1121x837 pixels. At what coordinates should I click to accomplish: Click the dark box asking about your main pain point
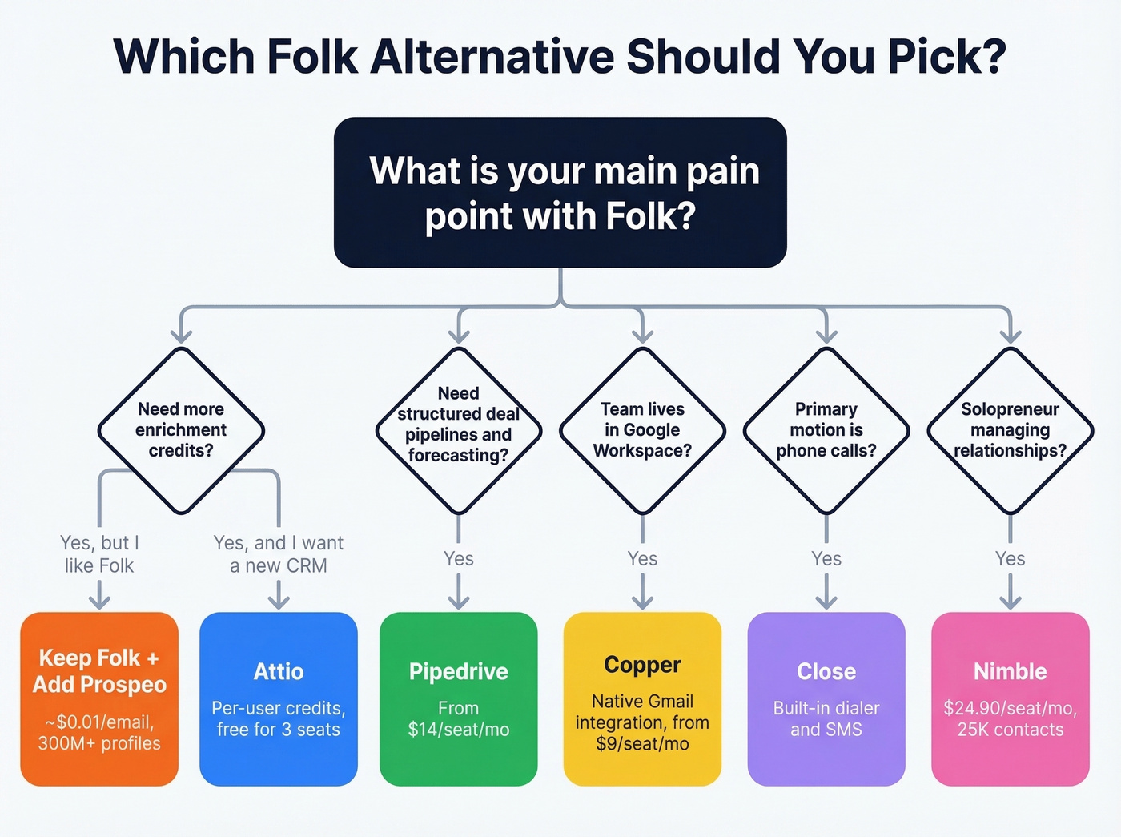[560, 192]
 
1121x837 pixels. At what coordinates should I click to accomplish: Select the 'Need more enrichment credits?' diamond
[181, 430]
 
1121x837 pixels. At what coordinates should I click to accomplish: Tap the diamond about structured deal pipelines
[458, 430]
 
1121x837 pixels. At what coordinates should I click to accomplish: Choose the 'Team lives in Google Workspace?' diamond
[642, 430]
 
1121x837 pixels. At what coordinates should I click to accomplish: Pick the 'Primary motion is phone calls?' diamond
[826, 430]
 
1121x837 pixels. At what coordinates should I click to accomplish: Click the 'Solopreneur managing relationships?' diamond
[1010, 430]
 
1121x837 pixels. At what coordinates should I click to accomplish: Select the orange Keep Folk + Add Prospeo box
[99, 698]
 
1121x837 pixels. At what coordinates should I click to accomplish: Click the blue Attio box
[279, 698]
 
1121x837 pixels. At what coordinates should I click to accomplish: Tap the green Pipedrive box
[458, 698]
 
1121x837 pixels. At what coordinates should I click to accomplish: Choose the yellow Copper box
[642, 698]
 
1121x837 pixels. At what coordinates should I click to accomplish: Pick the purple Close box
[826, 698]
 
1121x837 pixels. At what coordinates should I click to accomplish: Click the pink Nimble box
[1010, 698]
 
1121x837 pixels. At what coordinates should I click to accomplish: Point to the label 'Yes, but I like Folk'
[99, 554]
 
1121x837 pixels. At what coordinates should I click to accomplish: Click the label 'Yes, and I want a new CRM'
[279, 554]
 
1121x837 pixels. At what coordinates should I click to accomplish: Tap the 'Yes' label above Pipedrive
[459, 559]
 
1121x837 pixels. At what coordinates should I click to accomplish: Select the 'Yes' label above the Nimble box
[1010, 559]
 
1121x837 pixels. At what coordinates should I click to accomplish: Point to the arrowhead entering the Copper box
[642, 602]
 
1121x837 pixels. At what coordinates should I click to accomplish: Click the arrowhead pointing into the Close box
[826, 602]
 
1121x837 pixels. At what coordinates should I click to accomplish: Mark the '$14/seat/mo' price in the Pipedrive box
[458, 730]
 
